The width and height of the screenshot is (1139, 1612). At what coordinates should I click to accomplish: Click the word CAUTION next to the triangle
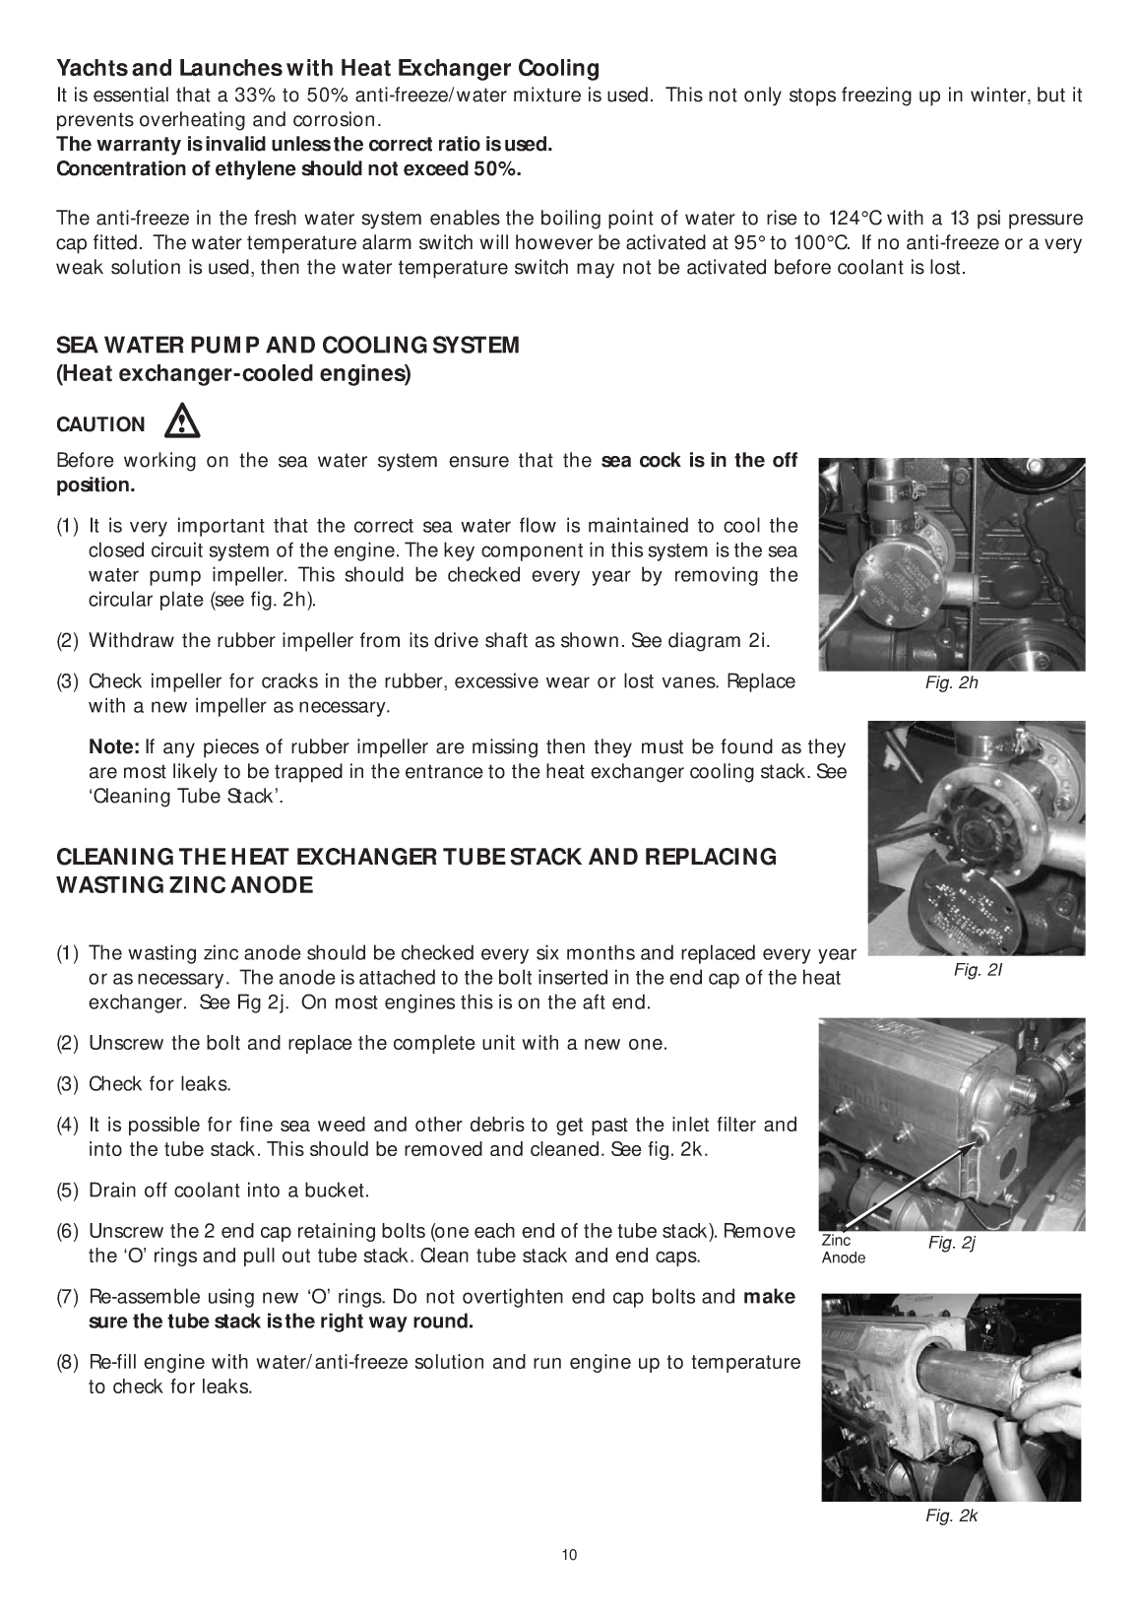click(100, 425)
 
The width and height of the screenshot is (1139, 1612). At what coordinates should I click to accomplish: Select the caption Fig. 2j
click(951, 1244)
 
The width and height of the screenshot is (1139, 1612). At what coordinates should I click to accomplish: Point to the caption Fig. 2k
click(951, 1516)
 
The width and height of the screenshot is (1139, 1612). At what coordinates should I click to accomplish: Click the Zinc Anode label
click(844, 1250)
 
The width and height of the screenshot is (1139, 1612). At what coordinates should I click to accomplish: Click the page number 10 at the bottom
click(569, 1555)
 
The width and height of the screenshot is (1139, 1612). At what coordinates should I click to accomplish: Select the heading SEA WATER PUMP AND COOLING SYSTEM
click(287, 346)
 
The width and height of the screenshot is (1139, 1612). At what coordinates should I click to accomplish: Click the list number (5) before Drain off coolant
click(68, 1191)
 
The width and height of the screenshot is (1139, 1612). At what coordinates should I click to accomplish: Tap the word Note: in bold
click(114, 748)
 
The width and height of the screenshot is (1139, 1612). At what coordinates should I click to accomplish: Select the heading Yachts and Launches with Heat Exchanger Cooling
click(328, 68)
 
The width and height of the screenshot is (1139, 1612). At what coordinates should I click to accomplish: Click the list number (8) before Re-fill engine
click(68, 1363)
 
